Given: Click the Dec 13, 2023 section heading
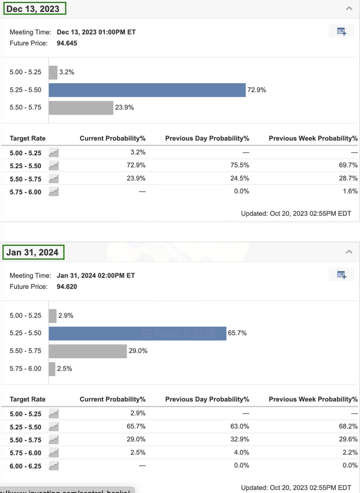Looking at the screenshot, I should tap(33, 8).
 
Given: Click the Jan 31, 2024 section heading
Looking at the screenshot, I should tap(33, 252).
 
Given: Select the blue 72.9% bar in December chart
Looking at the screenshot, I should tap(147, 90).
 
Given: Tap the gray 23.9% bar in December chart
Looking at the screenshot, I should tap(81, 107).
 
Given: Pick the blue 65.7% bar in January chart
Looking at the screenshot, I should tap(137, 333).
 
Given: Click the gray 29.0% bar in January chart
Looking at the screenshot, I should tap(88, 351).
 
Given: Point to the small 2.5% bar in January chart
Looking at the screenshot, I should tap(52, 369).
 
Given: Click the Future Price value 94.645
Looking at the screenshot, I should tap(67, 43).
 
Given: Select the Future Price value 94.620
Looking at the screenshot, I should tap(67, 286).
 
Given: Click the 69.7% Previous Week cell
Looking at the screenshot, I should tap(349, 165).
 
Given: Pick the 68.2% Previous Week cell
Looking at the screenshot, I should tap(349, 427).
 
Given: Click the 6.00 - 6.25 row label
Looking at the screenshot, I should tap(25, 465).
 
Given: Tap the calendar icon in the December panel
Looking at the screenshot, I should tap(341, 31).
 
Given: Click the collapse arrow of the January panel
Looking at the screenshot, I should tap(349, 252).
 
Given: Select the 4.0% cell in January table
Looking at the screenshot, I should tap(242, 453).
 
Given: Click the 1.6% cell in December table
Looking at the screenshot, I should tap(350, 191).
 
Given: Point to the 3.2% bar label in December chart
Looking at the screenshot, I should tap(66, 72).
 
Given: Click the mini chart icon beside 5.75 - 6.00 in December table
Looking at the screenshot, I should tap(53, 191).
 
